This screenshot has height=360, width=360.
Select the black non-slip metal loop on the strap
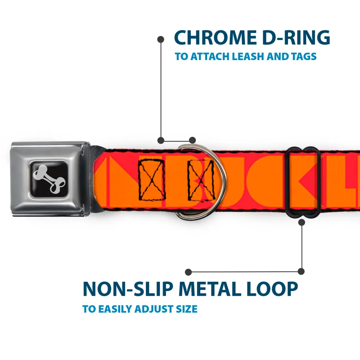303,182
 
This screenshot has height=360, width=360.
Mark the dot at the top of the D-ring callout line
161,39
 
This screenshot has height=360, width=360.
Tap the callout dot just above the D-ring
192,140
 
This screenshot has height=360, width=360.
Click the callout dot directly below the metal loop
302,222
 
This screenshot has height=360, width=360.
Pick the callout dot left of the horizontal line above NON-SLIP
189,272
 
